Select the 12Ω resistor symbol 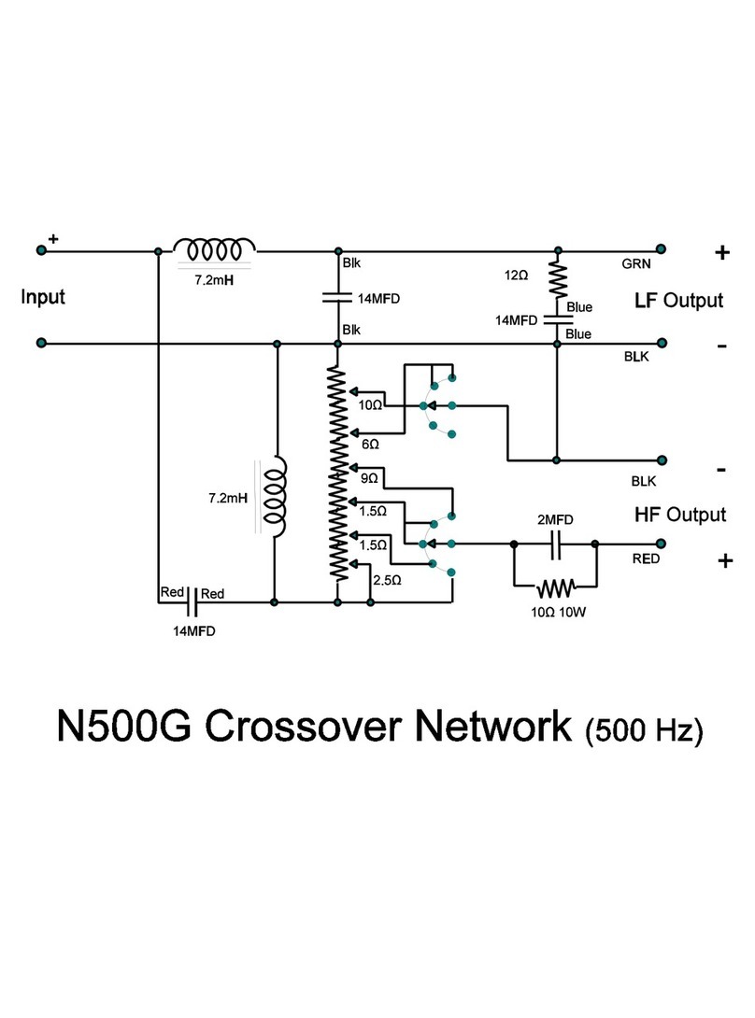pyautogui.click(x=558, y=277)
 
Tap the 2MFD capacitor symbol pyautogui.click(x=555, y=543)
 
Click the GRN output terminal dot pyautogui.click(x=661, y=249)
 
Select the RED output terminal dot pyautogui.click(x=661, y=543)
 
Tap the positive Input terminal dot pyautogui.click(x=41, y=249)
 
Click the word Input pyautogui.click(x=44, y=298)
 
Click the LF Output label pyautogui.click(x=678, y=301)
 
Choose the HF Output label pyautogui.click(x=679, y=515)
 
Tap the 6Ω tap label pyautogui.click(x=369, y=445)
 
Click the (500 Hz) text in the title pyautogui.click(x=642, y=729)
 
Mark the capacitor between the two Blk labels pyautogui.click(x=336, y=299)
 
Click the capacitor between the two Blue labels pyautogui.click(x=558, y=319)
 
